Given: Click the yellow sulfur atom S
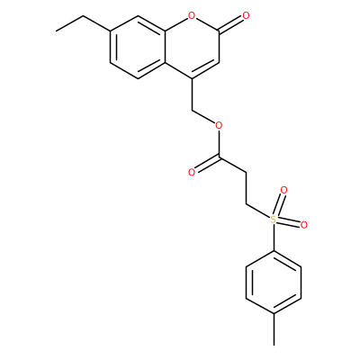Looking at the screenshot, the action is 273,220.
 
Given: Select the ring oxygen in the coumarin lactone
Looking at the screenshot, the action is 192,14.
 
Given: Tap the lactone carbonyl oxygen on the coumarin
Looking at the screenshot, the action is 246,14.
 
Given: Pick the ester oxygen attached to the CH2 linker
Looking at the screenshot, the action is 219,124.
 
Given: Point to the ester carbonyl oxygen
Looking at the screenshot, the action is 192,172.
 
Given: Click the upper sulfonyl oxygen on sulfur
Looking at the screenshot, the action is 283,190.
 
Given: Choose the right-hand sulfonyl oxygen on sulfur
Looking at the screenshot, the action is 303,224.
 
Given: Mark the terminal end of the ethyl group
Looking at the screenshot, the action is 56,31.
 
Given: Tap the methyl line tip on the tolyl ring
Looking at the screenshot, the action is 274,345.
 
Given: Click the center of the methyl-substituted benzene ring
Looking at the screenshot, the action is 274,283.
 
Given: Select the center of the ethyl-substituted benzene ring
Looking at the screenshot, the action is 137,47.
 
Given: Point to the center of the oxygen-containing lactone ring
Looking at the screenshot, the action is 192,47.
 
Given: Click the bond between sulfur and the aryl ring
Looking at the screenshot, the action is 274,238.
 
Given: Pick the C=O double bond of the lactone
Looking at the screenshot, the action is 231,23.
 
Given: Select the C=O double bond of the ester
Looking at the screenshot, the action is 207,165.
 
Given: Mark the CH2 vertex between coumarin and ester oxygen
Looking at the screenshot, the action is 192,110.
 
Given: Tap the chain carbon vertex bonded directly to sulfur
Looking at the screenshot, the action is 247,204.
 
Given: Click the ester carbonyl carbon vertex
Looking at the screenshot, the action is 219,157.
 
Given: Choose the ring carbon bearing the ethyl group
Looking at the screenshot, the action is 110,31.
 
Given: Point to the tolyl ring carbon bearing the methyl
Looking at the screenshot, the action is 274,314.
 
